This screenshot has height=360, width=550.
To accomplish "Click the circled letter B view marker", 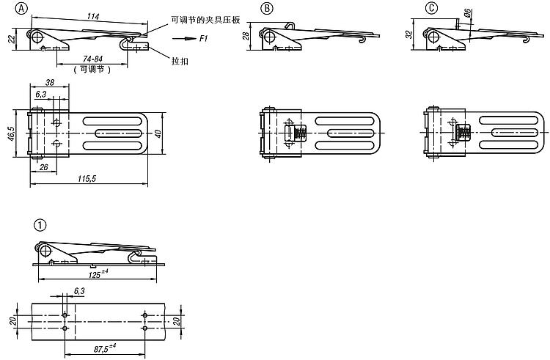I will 267,9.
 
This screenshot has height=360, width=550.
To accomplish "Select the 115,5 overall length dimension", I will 88,179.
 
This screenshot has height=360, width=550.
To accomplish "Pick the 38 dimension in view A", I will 49,83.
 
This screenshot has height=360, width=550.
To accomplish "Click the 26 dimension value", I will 45,167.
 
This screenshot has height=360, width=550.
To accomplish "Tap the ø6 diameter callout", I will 467,14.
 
